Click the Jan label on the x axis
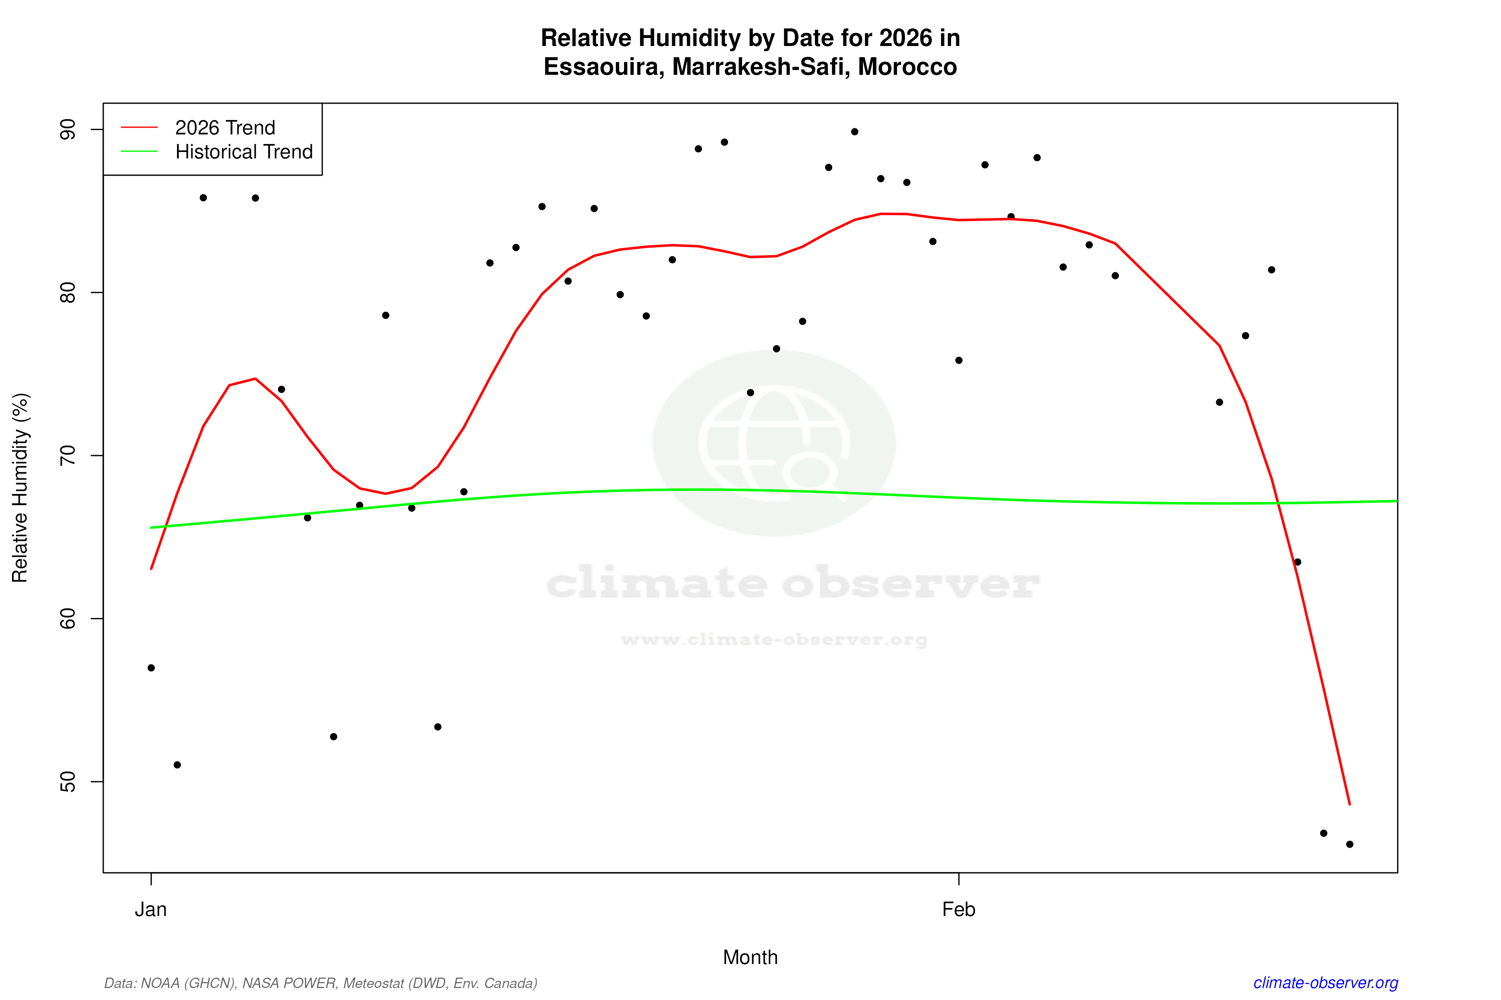[x=151, y=910]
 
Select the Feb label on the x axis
[x=959, y=910]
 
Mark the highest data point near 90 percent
[x=855, y=132]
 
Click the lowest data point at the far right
[x=1350, y=844]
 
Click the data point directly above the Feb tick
[x=959, y=360]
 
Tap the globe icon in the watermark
[x=774, y=443]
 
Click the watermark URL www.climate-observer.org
[x=774, y=640]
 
